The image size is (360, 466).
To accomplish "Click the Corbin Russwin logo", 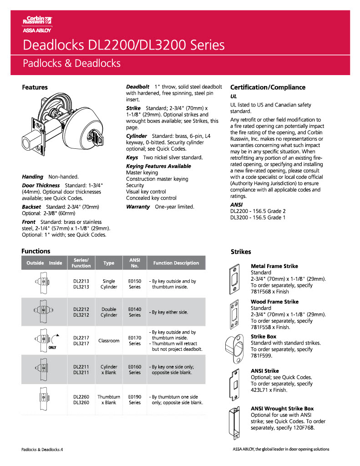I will [37, 24].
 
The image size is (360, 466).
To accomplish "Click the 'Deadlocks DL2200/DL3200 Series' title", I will [123, 45].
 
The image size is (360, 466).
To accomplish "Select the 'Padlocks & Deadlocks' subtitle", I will [71, 63].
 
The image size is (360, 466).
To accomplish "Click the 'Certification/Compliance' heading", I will [268, 87].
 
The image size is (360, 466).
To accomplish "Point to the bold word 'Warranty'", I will [137, 207].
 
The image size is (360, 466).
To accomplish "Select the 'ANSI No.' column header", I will [135, 263].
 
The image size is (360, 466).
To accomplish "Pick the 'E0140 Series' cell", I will [135, 312].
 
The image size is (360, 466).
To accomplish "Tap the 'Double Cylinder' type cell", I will [109, 312].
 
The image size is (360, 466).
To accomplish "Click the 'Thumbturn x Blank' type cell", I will [109, 400].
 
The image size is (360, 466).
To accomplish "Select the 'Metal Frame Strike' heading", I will [274, 266].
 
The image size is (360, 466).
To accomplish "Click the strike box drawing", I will [236, 349].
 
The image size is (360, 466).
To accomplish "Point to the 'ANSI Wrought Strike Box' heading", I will [282, 409].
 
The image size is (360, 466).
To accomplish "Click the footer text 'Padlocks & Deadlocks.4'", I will [42, 449].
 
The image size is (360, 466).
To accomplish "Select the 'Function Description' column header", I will [176, 263].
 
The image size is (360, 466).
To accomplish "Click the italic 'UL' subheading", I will [233, 96].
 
